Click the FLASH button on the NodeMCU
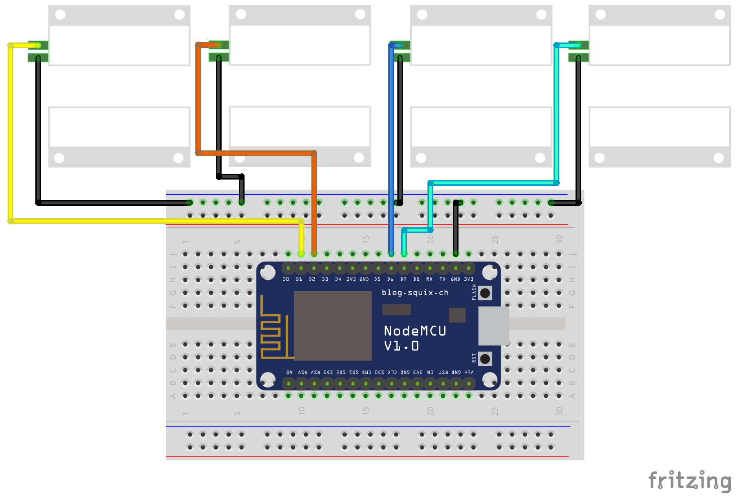485,293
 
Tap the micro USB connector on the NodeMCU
493,326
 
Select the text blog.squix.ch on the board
415,293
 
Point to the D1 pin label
299,279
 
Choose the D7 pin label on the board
404,279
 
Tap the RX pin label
429,279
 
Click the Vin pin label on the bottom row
469,372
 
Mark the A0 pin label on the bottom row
289,372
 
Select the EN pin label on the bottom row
430,372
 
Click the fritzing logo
690,480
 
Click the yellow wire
10,134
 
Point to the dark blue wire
391,143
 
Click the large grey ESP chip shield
332,326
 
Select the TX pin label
442,279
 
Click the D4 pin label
338,279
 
